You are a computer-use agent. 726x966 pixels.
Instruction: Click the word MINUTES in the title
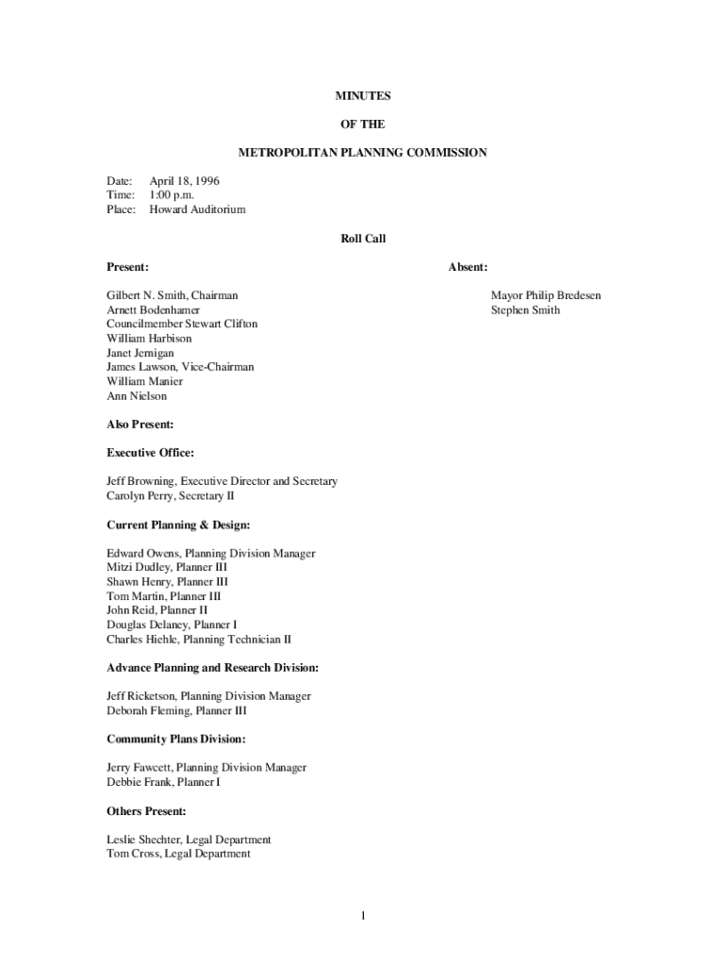pos(363,96)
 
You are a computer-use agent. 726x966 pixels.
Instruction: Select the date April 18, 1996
pos(185,180)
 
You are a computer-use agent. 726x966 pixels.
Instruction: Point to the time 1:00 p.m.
pos(172,194)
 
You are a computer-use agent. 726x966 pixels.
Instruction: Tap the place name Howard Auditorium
pos(197,209)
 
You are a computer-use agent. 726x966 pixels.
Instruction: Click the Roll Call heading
pos(363,239)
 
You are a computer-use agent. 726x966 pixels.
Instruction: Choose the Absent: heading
pos(467,268)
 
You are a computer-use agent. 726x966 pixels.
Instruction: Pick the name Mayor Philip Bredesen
pos(545,296)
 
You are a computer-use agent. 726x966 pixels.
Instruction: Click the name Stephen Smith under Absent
pos(525,310)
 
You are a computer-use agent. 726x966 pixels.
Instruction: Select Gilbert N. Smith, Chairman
pos(173,296)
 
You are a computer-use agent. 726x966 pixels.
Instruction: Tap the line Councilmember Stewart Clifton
pos(182,325)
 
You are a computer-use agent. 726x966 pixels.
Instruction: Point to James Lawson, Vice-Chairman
pos(180,367)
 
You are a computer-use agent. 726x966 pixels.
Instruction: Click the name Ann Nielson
pos(137,396)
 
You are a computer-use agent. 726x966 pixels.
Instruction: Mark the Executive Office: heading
pos(151,453)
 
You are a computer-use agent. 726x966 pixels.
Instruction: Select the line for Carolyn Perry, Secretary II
pos(171,496)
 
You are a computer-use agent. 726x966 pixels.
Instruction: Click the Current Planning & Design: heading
pos(178,525)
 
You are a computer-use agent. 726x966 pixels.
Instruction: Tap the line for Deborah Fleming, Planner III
pos(177,711)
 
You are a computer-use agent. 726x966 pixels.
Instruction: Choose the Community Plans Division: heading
pos(176,740)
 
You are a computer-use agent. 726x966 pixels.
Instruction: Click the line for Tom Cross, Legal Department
pos(179,854)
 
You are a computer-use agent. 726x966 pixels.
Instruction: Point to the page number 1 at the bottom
pos(363,915)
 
